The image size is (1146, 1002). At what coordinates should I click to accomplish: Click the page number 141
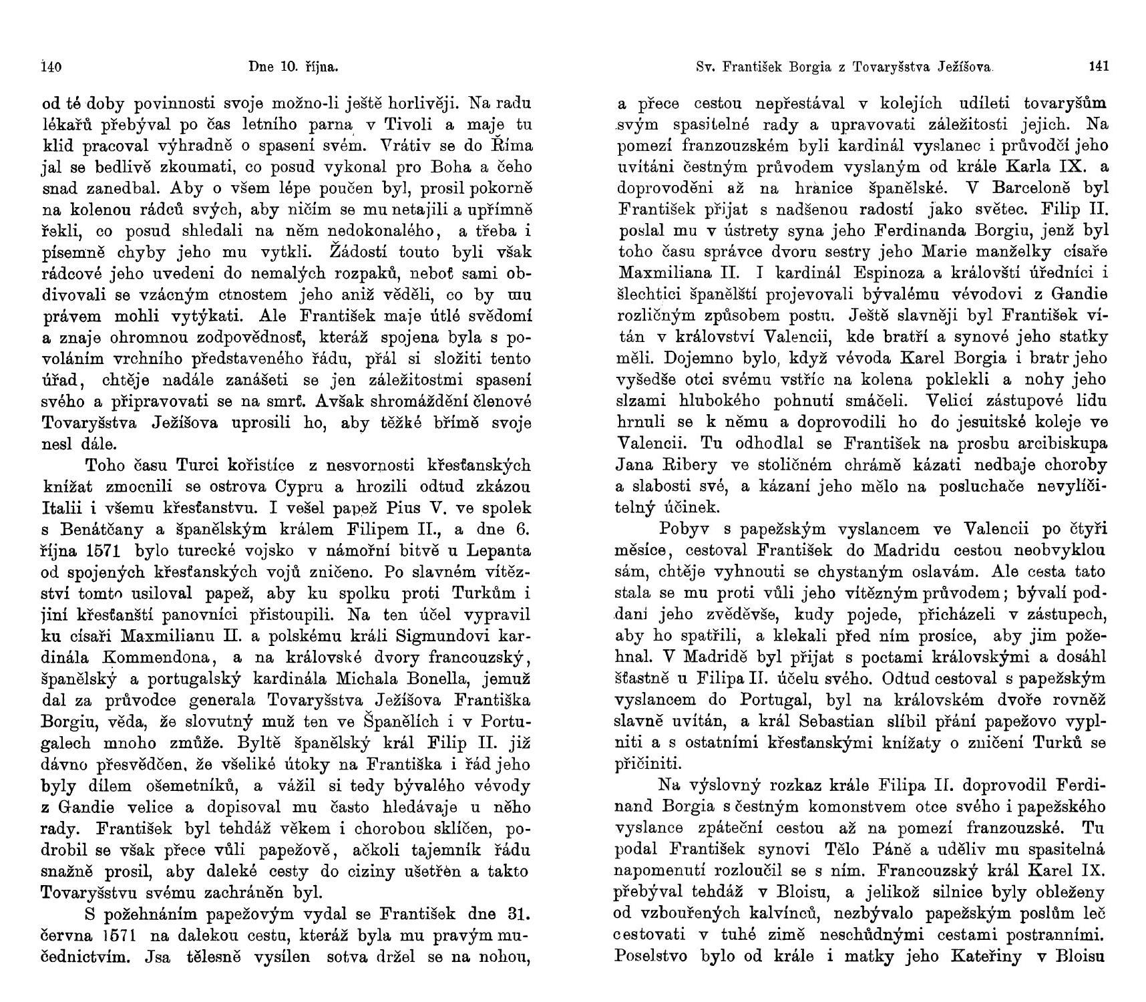click(x=1099, y=67)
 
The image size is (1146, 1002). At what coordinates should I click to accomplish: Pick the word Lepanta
click(x=498, y=550)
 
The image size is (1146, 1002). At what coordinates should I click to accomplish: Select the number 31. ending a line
click(x=519, y=914)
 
